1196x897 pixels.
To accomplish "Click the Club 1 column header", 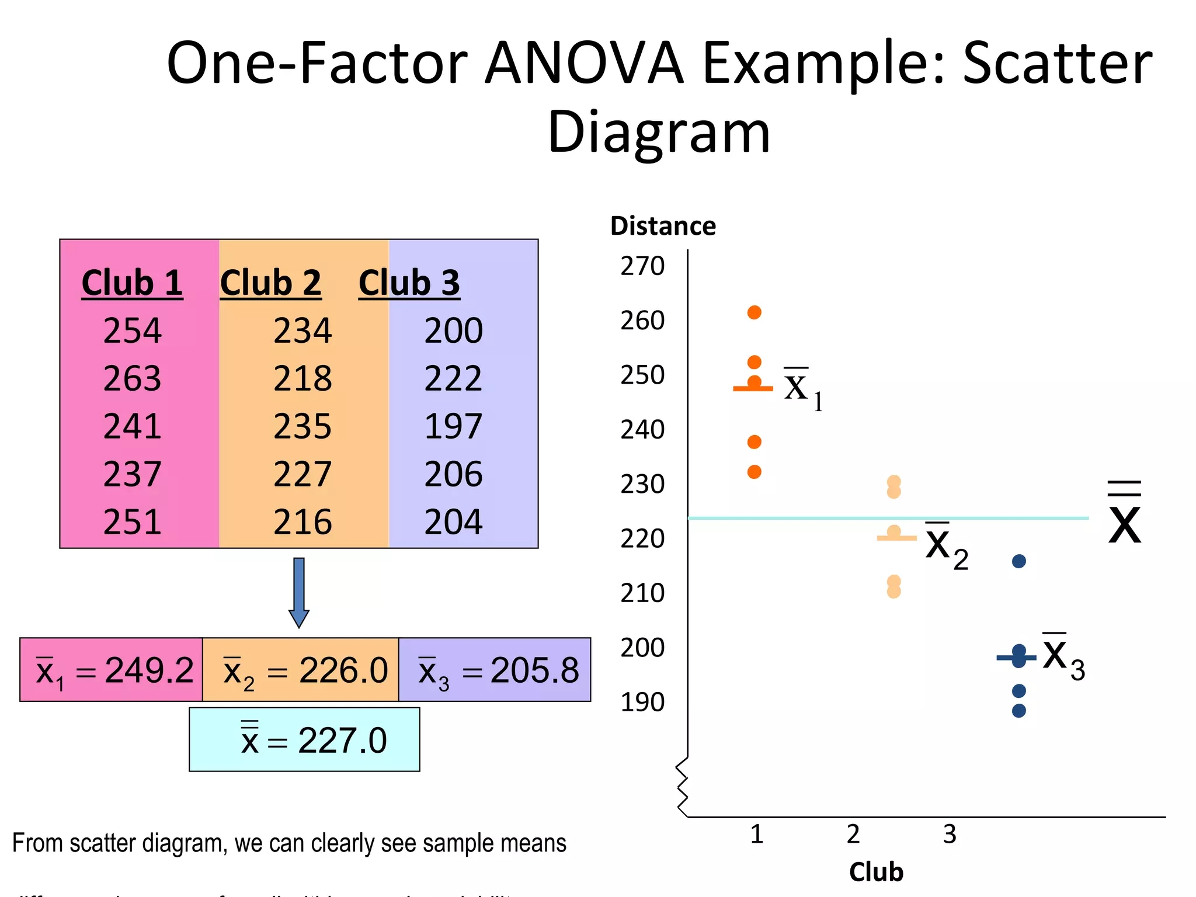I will (132, 283).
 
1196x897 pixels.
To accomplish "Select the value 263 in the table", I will (132, 378).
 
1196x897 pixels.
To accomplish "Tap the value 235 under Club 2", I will (303, 426).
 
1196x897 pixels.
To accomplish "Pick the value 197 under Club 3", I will (453, 426).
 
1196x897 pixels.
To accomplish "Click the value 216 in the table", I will (303, 521).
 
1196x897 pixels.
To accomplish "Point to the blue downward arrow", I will (299, 592).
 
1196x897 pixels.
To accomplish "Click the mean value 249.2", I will (149, 670).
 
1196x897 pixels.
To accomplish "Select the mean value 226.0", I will (343, 670).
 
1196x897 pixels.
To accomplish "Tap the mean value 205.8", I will (534, 670).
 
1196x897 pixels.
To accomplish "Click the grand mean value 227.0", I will (342, 740).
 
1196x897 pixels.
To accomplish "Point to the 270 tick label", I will (642, 266).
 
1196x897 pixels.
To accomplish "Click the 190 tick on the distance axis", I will (642, 702).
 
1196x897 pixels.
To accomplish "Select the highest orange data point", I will (755, 312).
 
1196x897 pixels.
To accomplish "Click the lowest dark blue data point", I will (1019, 711).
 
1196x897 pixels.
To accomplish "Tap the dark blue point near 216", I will (1019, 561).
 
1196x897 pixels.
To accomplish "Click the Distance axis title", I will (663, 226).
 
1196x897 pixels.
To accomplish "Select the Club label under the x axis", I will (876, 872).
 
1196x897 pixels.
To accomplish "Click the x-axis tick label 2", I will (853, 834).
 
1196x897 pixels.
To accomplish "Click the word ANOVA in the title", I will (584, 62).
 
